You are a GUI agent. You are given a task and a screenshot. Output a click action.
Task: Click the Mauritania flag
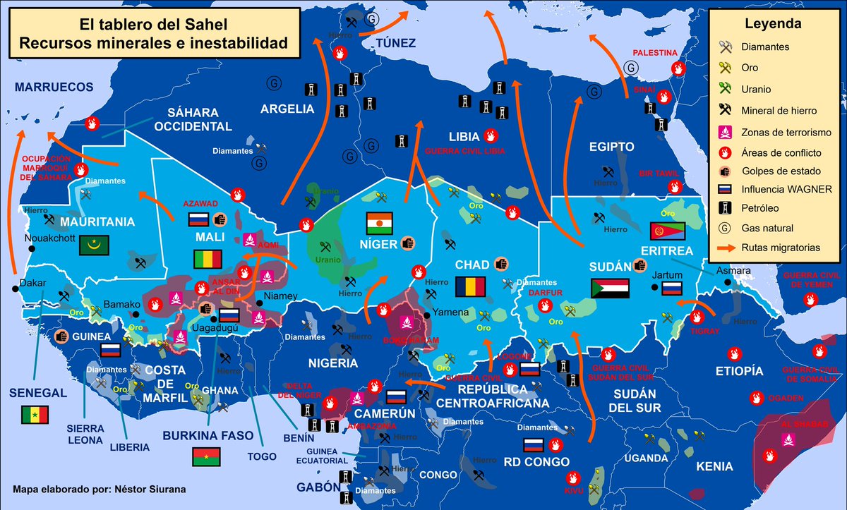(95, 245)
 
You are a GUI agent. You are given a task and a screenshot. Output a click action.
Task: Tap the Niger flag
(378, 224)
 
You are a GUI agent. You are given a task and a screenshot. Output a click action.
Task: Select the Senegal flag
(33, 415)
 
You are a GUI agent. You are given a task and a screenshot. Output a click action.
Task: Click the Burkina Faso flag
(206, 456)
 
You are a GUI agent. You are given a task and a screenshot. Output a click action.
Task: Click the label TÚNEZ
(396, 44)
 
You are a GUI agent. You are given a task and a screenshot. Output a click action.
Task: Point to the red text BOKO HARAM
(411, 341)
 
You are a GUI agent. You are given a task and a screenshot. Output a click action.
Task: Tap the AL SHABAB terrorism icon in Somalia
(788, 441)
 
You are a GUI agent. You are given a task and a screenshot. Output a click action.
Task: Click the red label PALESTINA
(654, 53)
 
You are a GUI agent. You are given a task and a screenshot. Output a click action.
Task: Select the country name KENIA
(714, 466)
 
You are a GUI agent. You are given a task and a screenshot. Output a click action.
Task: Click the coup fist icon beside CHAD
(500, 263)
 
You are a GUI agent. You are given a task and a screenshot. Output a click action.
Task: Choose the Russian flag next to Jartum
(671, 288)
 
